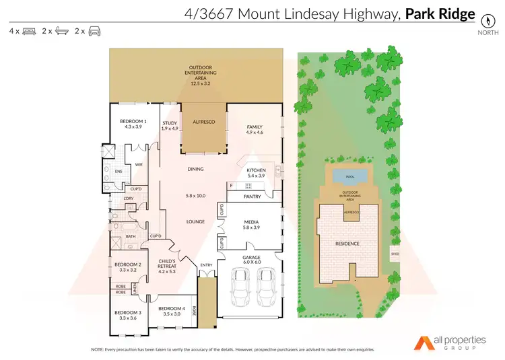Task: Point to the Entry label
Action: [x=206, y=265]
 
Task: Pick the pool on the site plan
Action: [x=349, y=176]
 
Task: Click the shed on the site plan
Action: [x=395, y=254]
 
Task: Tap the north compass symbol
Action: [x=484, y=19]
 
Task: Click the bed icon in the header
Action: [x=29, y=31]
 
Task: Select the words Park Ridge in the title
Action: [x=440, y=13]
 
